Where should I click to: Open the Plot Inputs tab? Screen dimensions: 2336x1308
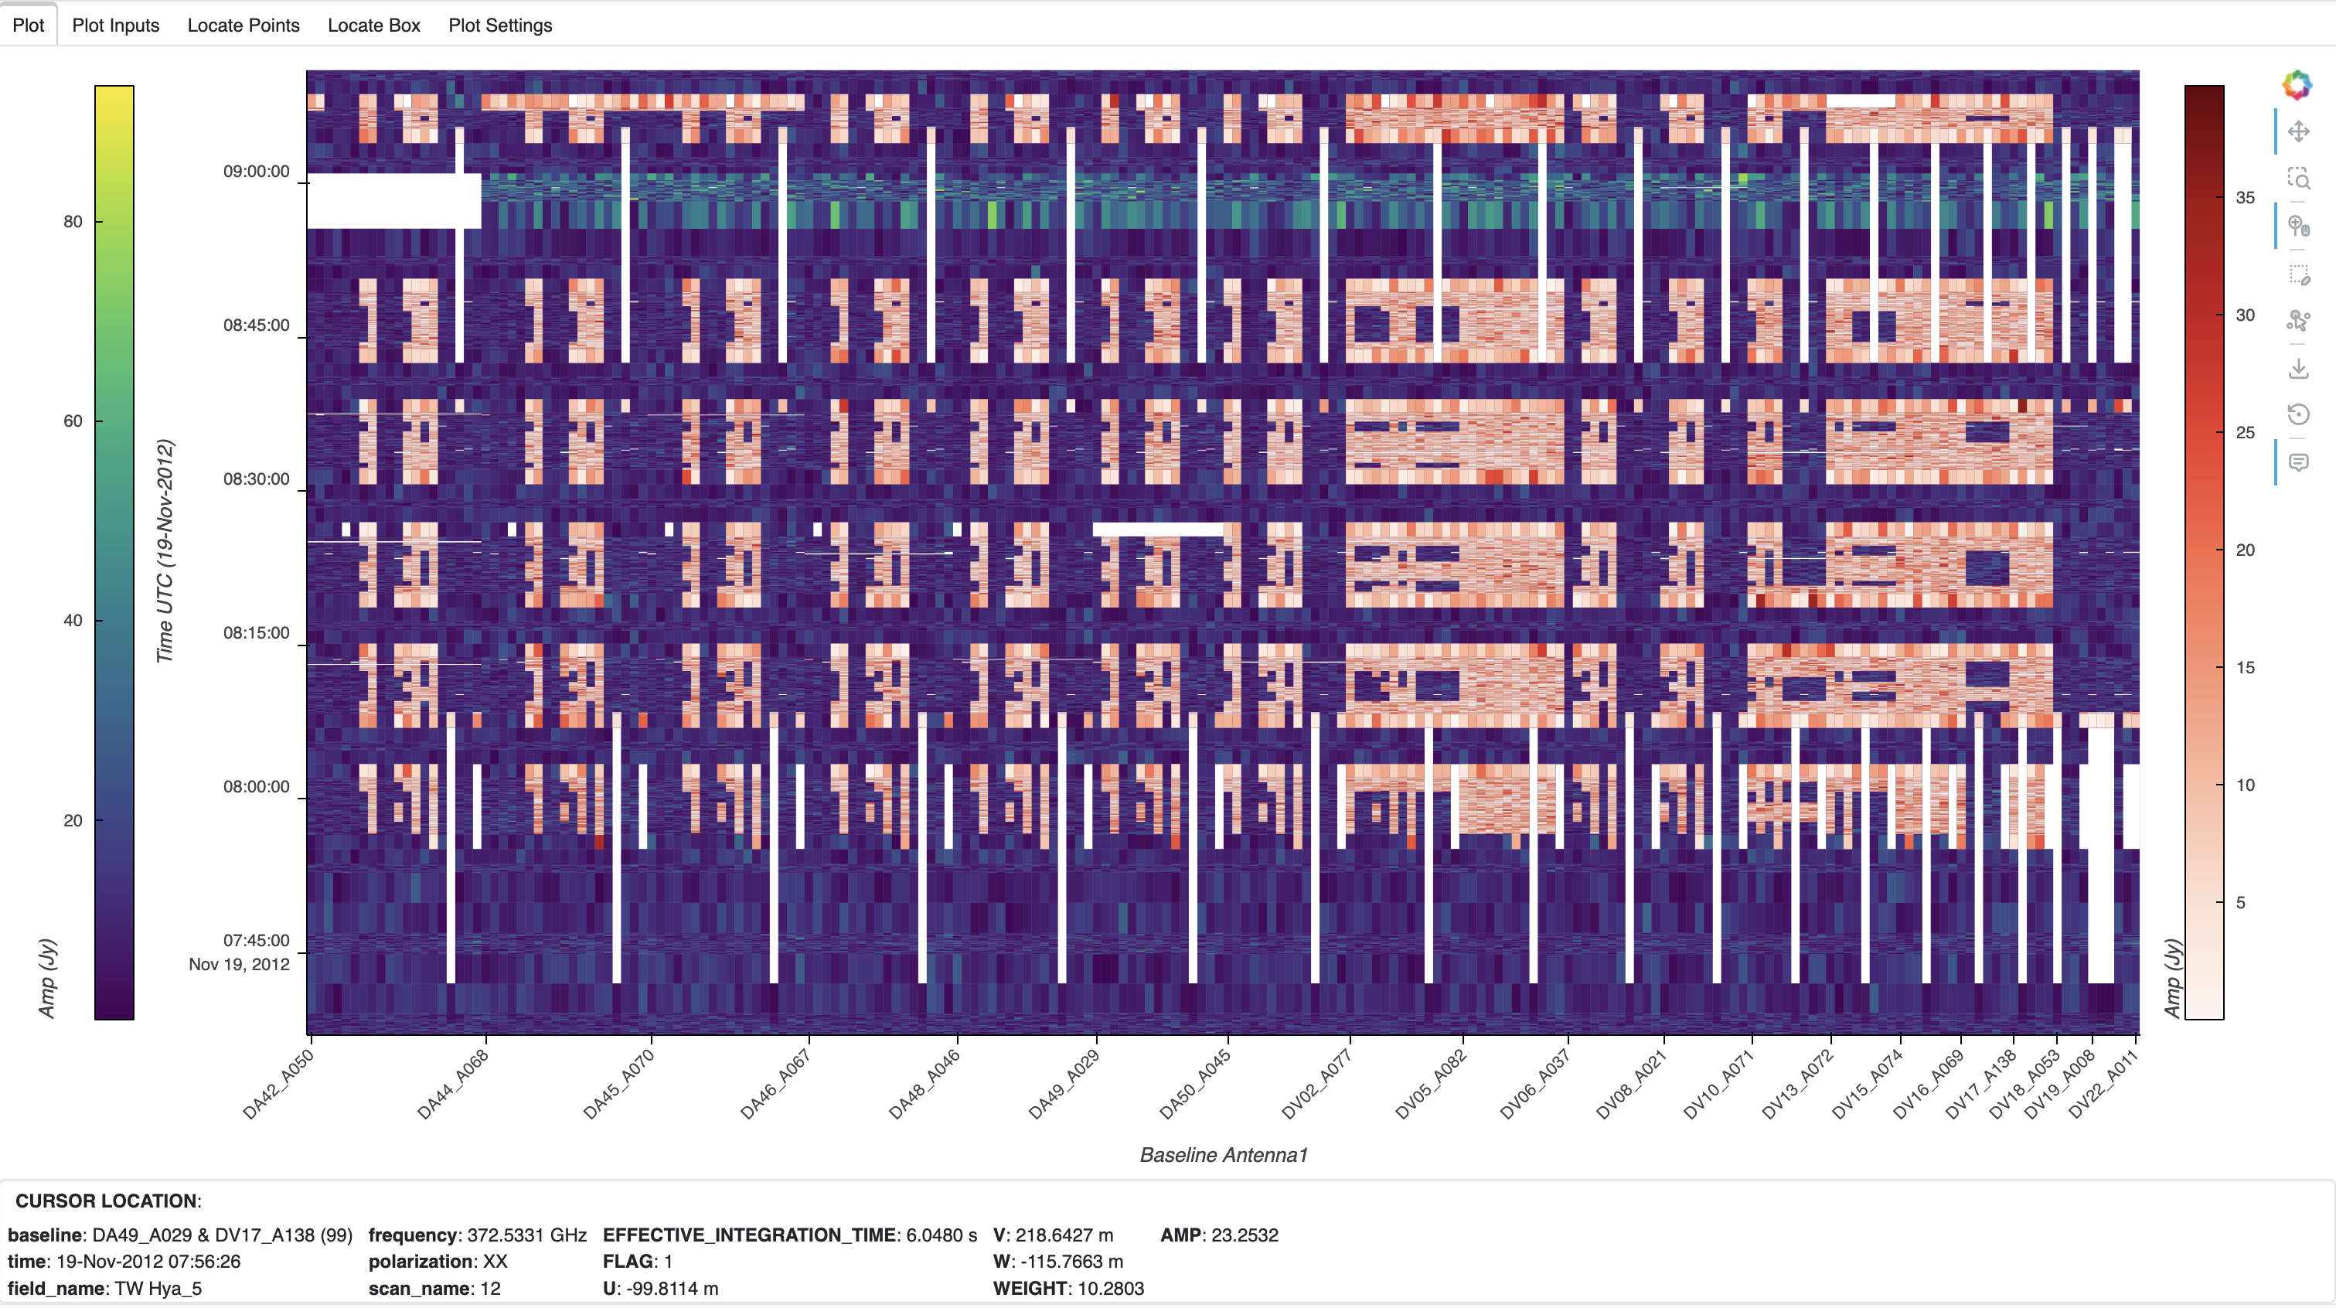click(x=115, y=26)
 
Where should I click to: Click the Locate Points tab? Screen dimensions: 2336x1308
click(x=243, y=26)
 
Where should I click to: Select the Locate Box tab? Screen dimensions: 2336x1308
click(x=373, y=26)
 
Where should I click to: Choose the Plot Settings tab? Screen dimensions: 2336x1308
click(x=499, y=26)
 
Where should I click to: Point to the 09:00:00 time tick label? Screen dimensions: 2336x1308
click(x=257, y=172)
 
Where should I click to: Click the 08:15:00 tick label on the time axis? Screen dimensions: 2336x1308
click(x=257, y=633)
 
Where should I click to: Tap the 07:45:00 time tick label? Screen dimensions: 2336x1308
click(x=257, y=941)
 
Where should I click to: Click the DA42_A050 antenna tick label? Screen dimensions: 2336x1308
click(x=278, y=1084)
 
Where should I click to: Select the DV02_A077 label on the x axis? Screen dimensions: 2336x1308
click(x=1316, y=1084)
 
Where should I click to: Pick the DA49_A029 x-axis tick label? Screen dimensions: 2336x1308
click(x=1064, y=1084)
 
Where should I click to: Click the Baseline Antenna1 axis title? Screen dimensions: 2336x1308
click(x=1224, y=1155)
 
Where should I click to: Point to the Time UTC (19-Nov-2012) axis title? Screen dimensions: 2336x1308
click(x=165, y=550)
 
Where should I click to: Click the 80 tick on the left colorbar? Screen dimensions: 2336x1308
click(x=73, y=221)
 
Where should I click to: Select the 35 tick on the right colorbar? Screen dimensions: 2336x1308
click(x=2246, y=198)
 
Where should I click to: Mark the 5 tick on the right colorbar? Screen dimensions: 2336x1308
click(x=2241, y=903)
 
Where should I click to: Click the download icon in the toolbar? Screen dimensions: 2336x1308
click(x=2298, y=368)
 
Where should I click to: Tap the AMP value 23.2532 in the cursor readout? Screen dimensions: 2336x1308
click(x=1245, y=1235)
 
